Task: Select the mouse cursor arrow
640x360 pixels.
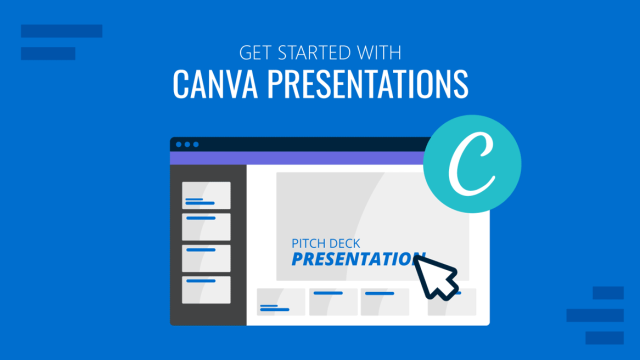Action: [x=436, y=275]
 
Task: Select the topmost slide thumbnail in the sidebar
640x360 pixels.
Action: [x=206, y=195]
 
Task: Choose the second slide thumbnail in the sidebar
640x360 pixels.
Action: [x=206, y=226]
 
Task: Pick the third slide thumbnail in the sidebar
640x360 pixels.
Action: [x=206, y=258]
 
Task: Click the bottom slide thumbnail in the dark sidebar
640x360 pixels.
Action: [x=206, y=290]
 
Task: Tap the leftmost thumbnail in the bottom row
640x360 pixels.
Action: [x=281, y=301]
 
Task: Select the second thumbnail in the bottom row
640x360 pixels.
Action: [x=333, y=301]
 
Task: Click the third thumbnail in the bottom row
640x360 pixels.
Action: [x=384, y=301]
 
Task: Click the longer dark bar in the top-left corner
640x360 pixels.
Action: [x=61, y=32]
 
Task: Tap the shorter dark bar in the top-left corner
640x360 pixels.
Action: [x=48, y=54]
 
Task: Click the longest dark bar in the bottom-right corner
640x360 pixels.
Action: [x=595, y=314]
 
